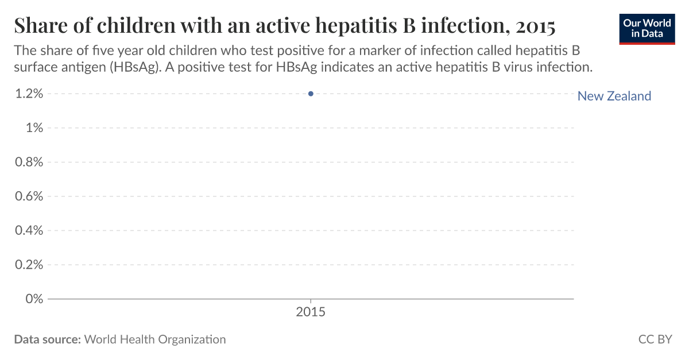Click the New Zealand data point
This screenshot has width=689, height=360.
(311, 94)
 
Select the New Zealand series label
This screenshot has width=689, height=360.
(614, 96)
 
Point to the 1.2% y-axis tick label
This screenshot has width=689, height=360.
(29, 94)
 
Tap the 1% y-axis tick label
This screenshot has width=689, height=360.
(34, 127)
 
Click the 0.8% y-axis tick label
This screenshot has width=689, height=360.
(29, 162)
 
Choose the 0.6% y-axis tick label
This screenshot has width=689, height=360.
(29, 196)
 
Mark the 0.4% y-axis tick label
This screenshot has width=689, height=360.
(29, 230)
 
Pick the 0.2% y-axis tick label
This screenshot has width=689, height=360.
(29, 265)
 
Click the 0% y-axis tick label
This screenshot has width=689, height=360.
(34, 299)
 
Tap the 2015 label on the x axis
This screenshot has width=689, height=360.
(311, 313)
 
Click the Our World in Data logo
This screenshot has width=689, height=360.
(647, 29)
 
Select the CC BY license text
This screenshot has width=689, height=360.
(655, 339)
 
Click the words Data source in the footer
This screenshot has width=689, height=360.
(47, 339)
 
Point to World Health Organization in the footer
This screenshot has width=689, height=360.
(155, 339)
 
